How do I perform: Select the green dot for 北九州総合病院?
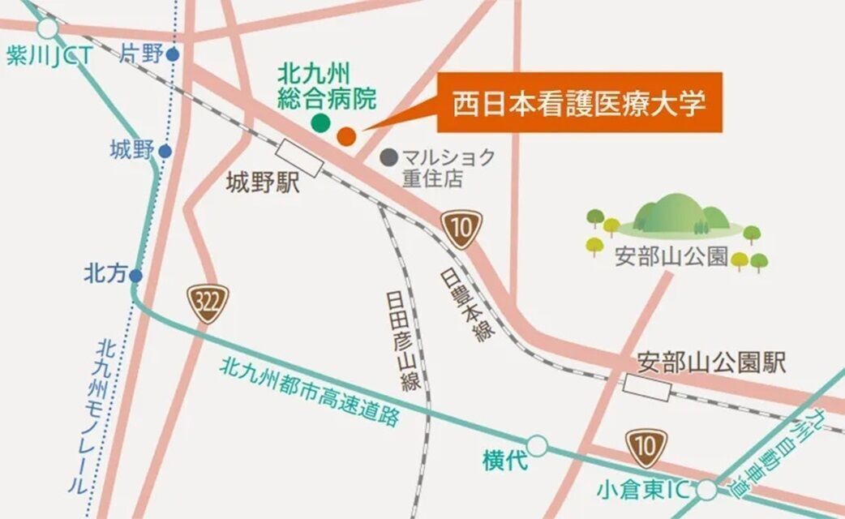pyautogui.click(x=321, y=123)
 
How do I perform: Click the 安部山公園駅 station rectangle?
pyautogui.click(x=648, y=388)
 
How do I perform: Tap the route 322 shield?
pyautogui.click(x=209, y=304)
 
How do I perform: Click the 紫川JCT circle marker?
pyautogui.click(x=48, y=29)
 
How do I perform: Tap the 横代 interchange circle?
pyautogui.click(x=537, y=445)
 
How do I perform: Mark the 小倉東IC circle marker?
pyautogui.click(x=707, y=490)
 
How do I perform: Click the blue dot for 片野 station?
pyautogui.click(x=172, y=54)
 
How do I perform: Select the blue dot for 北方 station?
pyautogui.click(x=136, y=276)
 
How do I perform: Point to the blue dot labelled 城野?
pyautogui.click(x=165, y=151)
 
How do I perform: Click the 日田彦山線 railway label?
pyautogui.click(x=401, y=332)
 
